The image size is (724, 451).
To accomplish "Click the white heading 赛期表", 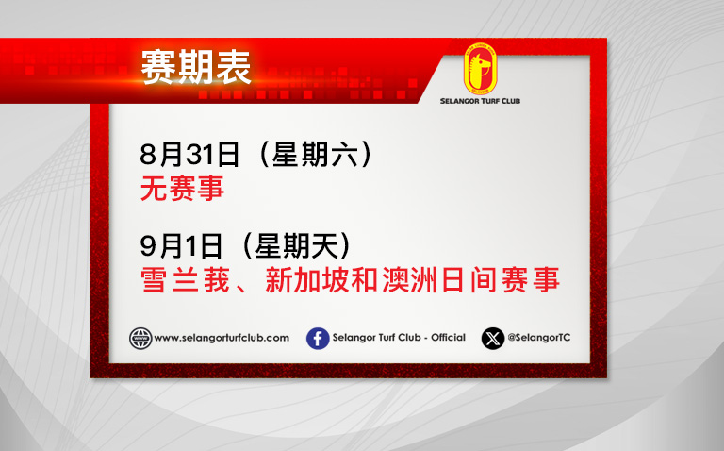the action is pos(196,68).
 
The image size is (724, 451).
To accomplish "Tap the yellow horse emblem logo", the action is pos(480,69).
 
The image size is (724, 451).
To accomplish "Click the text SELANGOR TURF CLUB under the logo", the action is pos(480,101).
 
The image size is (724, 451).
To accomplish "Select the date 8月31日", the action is pos(189,155).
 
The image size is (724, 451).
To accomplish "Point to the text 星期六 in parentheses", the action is pos(315,155).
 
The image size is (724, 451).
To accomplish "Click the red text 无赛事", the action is pos(182,188).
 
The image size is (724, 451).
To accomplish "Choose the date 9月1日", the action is pos(181,246).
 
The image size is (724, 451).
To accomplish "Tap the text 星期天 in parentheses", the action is pos(297,246).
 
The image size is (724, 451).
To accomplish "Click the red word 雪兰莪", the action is pos(185,280).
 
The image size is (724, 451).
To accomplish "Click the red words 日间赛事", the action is pos(501,280).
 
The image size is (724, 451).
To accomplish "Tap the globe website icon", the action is pos(140,338).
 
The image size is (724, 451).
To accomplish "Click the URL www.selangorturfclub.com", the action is pos(222,338).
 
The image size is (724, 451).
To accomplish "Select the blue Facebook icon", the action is pos(318,338).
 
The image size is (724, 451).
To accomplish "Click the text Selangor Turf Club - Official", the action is pos(399,338).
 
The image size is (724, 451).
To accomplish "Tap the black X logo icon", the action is pos(493,338).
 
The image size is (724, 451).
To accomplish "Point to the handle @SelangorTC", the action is pos(539,338).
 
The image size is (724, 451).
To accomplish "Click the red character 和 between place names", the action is pos(365,280).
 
